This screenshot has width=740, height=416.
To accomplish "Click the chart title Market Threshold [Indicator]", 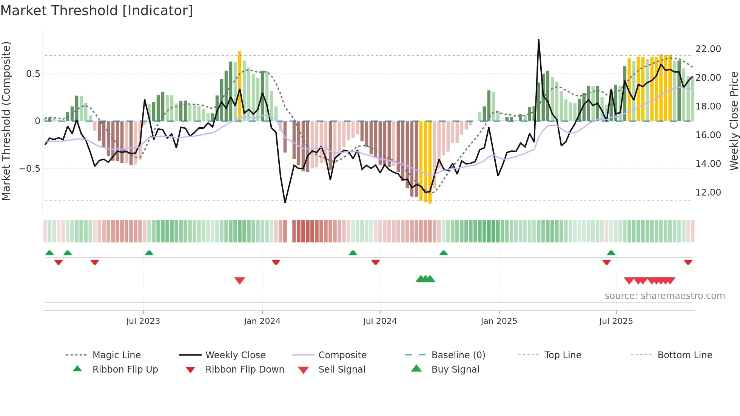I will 97,11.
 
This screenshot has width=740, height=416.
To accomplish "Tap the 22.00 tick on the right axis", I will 708,49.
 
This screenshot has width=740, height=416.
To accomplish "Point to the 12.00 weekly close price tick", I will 708,193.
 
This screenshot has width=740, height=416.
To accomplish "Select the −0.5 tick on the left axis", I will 29,169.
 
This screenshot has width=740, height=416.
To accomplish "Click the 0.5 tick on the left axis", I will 33,74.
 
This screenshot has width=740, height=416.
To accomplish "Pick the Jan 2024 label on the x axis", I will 262,321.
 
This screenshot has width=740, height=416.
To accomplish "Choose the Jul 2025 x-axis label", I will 616,321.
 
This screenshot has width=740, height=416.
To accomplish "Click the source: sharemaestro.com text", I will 664,296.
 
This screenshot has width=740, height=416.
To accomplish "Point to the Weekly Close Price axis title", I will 734,121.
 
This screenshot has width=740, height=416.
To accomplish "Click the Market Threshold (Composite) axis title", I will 6,121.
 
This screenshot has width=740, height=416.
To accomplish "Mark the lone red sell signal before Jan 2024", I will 240,280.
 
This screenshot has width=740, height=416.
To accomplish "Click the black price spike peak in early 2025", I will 538,40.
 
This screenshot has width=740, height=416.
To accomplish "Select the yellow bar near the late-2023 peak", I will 240,83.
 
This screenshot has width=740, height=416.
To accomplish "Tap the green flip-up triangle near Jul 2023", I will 149,253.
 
